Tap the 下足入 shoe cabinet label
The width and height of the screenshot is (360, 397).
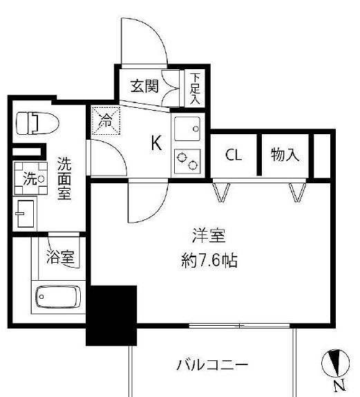(195, 87)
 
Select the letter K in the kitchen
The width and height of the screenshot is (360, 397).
(157, 144)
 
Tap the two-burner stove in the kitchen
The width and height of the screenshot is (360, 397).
(187, 162)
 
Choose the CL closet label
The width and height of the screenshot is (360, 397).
(234, 155)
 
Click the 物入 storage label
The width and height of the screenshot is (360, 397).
(285, 155)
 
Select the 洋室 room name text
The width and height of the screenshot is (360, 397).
(208, 236)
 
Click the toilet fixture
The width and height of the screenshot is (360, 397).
(36, 123)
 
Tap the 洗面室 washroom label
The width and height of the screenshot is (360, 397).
(64, 178)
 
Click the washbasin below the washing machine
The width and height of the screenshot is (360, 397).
(28, 212)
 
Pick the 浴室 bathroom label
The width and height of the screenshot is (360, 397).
(60, 258)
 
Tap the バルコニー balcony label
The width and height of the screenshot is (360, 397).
(211, 364)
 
